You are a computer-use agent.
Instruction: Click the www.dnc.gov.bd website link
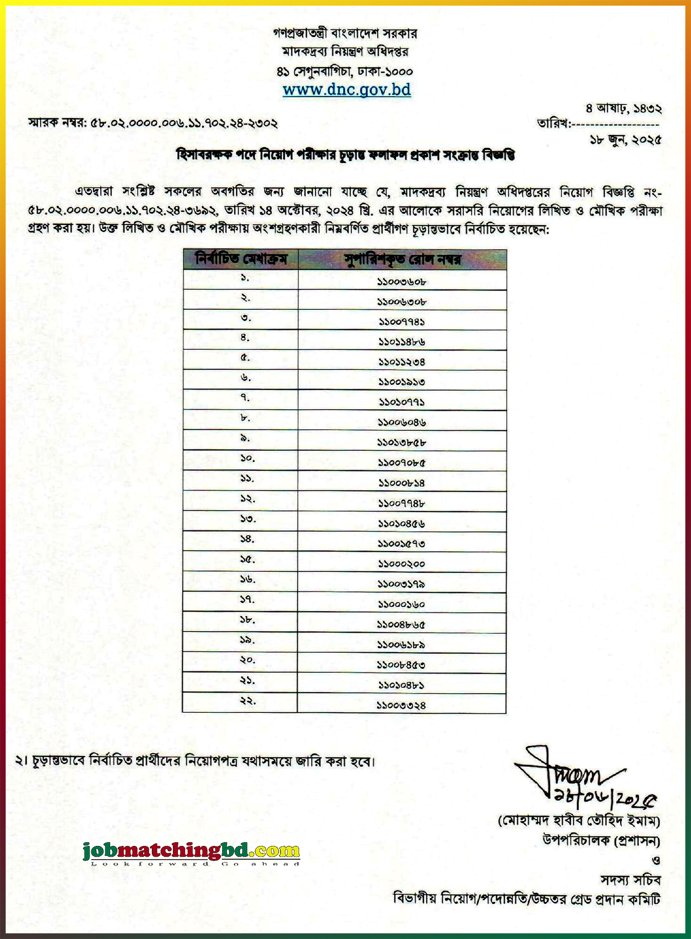(346, 89)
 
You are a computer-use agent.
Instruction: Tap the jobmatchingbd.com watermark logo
(191, 851)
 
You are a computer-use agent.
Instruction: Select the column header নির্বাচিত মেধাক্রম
(241, 259)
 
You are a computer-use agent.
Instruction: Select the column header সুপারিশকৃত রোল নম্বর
(402, 260)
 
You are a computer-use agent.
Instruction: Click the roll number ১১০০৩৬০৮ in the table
(402, 282)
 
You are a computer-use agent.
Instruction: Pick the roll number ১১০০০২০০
(402, 564)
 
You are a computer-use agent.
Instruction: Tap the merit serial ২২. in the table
(248, 701)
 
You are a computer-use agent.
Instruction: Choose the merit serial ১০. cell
(248, 458)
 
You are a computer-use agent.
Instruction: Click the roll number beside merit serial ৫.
(402, 362)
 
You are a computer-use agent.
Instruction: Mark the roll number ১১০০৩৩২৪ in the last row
(401, 705)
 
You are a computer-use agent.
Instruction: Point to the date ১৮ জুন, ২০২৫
(625, 140)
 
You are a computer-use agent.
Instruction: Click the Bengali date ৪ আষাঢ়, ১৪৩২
(624, 109)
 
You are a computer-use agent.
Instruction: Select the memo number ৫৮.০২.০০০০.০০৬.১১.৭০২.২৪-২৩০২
(184, 124)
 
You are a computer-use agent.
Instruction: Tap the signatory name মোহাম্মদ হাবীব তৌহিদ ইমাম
(579, 821)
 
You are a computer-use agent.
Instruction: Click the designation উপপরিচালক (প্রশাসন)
(601, 840)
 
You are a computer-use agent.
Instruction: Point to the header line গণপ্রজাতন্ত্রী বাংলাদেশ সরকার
(345, 33)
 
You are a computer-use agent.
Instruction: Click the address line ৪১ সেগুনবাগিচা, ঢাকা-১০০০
(345, 71)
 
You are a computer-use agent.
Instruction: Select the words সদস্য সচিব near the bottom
(630, 880)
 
